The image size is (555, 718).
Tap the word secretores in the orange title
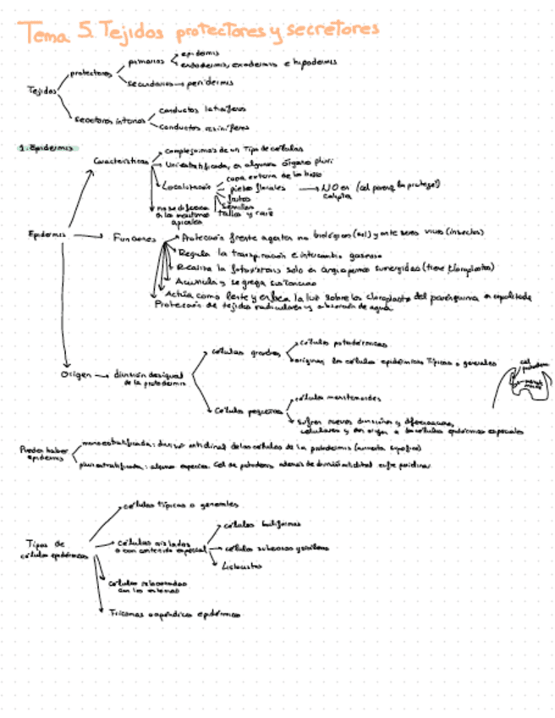[x=332, y=30]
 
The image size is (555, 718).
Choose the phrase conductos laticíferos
[x=202, y=109]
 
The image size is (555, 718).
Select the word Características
[x=121, y=161]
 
